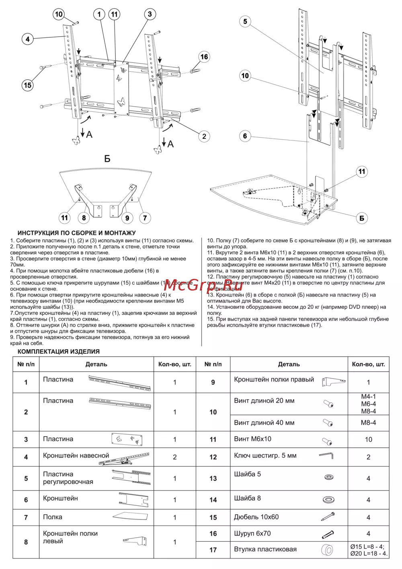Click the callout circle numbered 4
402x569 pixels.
27,39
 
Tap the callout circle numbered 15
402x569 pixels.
27,85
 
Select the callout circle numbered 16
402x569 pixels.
204,57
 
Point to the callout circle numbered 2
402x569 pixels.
204,136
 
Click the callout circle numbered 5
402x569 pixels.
245,21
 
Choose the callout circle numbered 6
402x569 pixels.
245,136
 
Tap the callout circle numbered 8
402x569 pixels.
84,218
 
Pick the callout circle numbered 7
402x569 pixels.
145,218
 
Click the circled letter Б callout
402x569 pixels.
362,218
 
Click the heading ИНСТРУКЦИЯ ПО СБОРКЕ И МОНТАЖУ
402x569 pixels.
76,233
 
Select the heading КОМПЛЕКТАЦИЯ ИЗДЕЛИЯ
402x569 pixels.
58,351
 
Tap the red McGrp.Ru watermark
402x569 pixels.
203,286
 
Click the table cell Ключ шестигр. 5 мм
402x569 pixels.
265,456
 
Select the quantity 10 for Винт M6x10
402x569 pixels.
368,439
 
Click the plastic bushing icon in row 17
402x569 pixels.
327,550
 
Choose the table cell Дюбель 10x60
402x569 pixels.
256,517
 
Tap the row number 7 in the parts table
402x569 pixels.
26,517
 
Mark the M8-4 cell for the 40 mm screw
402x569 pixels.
368,423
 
